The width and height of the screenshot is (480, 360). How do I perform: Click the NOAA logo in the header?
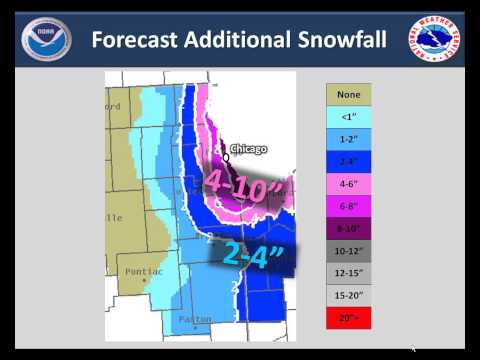(x=40, y=39)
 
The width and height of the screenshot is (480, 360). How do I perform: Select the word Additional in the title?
(x=239, y=41)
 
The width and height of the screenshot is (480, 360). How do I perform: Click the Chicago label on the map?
(x=247, y=150)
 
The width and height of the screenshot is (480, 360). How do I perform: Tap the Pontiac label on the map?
(x=144, y=269)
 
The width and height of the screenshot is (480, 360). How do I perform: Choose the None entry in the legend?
(x=349, y=95)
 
